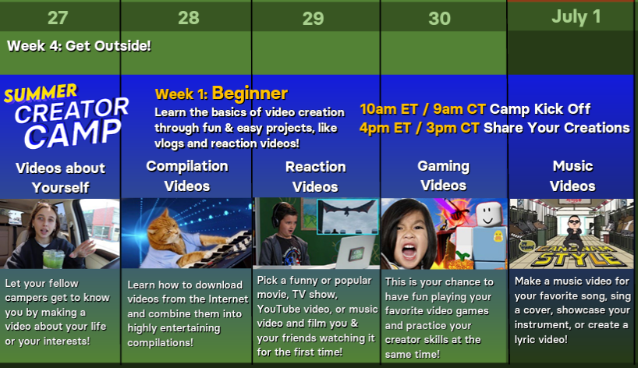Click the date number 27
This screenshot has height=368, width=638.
[58, 18]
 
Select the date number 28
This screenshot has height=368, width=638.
[189, 18]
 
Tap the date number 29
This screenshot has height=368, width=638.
[314, 19]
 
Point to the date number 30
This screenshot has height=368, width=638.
[439, 19]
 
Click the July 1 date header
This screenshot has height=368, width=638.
[576, 17]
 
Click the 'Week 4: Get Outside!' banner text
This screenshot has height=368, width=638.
[79, 45]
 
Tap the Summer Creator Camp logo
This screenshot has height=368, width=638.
[66, 116]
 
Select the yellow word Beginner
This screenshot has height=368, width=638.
[250, 94]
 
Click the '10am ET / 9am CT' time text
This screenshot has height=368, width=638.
[423, 109]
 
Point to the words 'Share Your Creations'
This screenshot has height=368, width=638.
[557, 128]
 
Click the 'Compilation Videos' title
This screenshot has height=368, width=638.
[187, 175]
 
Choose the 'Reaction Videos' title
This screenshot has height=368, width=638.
[315, 176]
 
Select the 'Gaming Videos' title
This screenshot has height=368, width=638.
[444, 175]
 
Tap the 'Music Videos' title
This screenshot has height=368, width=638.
[572, 175]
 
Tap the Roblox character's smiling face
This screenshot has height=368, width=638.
[487, 214]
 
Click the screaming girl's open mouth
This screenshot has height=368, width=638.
[409, 253]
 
